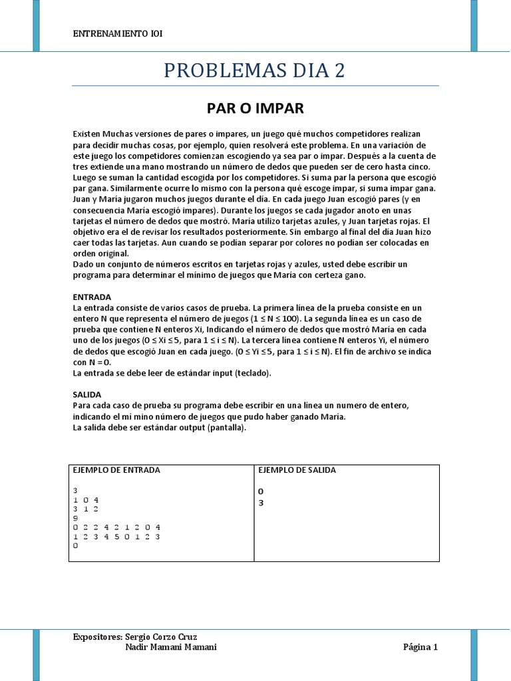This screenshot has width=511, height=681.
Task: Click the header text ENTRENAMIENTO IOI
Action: (117, 34)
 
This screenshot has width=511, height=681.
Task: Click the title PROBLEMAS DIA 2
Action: (255, 70)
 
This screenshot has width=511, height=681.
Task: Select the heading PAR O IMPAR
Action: (255, 107)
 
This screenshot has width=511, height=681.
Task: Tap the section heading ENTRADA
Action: (92, 297)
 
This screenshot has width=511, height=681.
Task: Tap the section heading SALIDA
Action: (86, 394)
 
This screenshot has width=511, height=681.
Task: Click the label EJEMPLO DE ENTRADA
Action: (116, 470)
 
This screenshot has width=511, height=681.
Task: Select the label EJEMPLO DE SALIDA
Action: (297, 470)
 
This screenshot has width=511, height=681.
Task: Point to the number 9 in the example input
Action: (76, 518)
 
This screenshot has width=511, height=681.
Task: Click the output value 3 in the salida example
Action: (261, 503)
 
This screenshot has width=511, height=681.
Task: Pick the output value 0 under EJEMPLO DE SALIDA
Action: (261, 491)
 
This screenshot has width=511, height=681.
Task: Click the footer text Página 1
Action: (421, 647)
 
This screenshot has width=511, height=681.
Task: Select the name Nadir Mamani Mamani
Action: (171, 647)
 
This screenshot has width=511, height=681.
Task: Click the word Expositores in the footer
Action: (98, 636)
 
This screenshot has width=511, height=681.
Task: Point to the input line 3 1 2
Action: (86, 509)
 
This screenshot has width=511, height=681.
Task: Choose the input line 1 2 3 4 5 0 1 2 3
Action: (116, 536)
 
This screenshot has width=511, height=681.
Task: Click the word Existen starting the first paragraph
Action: (86, 134)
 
